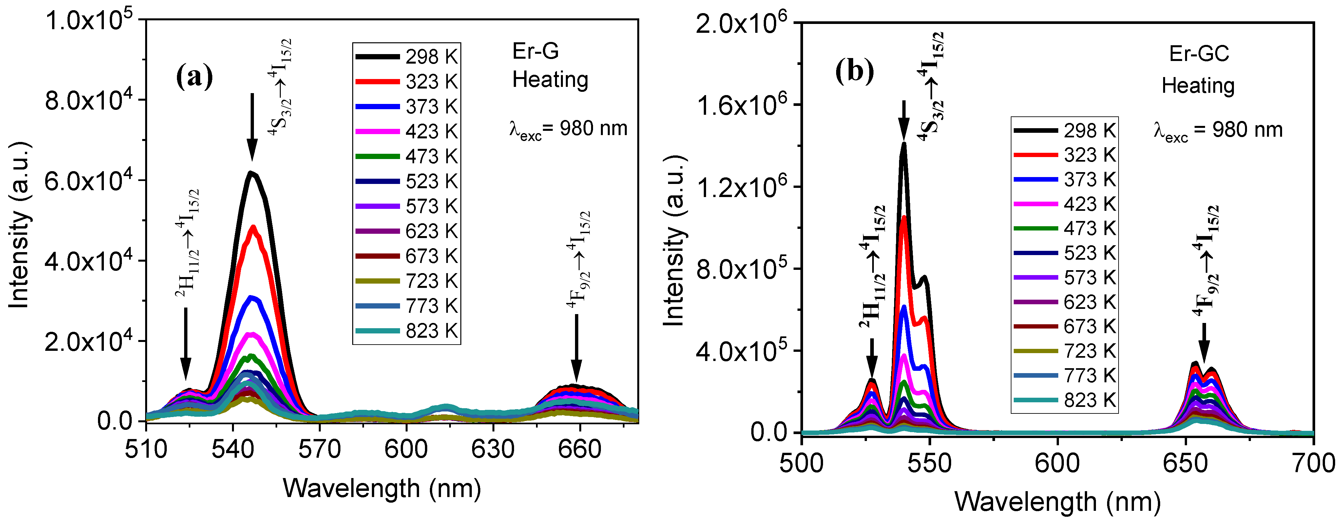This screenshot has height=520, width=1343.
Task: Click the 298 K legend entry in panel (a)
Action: [407, 56]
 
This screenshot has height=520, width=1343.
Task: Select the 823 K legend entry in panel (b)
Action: [1065, 400]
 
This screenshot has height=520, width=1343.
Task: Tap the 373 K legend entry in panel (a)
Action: [407, 107]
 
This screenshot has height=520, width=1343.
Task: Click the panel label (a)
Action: [195, 77]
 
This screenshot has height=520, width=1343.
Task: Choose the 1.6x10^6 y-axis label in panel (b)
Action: [740, 105]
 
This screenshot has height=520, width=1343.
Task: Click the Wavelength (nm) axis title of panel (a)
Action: [382, 489]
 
